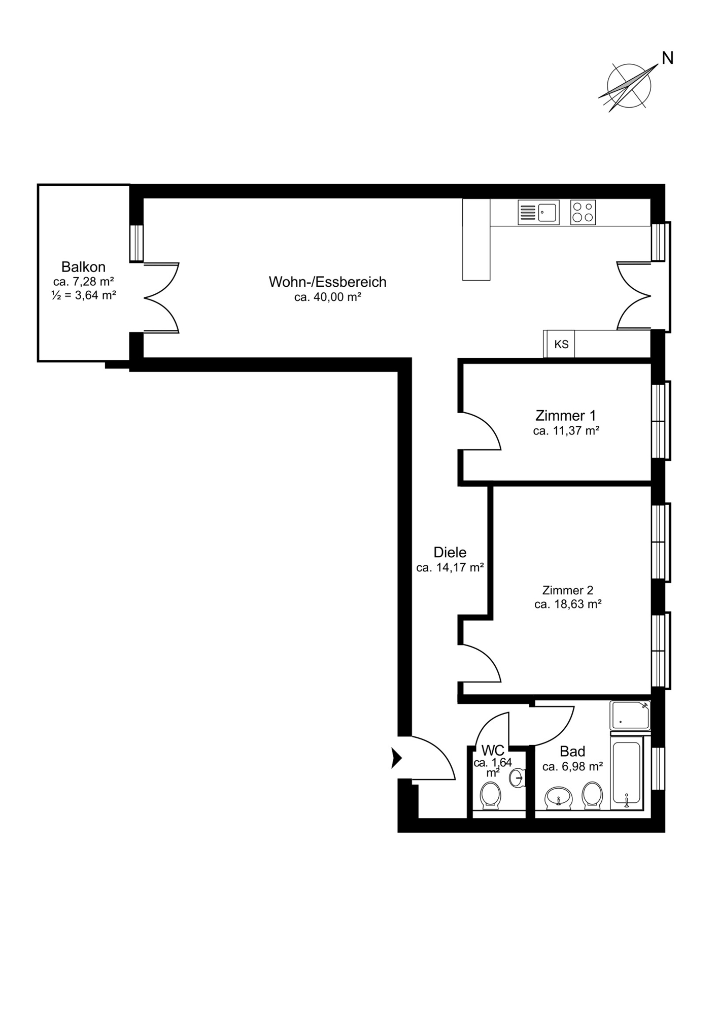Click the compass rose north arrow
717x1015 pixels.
pyautogui.click(x=629, y=86)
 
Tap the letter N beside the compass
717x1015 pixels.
pyautogui.click(x=668, y=58)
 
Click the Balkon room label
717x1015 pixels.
pyautogui.click(x=83, y=266)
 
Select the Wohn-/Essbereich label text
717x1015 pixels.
pyautogui.click(x=328, y=282)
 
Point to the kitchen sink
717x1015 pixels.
pyautogui.click(x=538, y=212)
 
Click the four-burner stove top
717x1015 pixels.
pyautogui.click(x=583, y=212)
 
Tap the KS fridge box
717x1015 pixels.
pyautogui.click(x=559, y=344)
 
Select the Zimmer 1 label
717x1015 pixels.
pyautogui.click(x=566, y=416)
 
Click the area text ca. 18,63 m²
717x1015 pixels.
pyautogui.click(x=568, y=604)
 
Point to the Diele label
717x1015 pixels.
pyautogui.click(x=450, y=552)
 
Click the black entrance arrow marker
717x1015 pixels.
pyautogui.click(x=396, y=758)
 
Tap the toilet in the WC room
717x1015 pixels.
pyautogui.click(x=490, y=795)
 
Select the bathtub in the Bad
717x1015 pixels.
pyautogui.click(x=628, y=775)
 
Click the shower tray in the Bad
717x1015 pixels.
pyautogui.click(x=630, y=716)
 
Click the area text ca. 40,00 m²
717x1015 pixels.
pyautogui.click(x=328, y=297)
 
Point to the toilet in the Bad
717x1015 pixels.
pyautogui.click(x=592, y=795)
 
